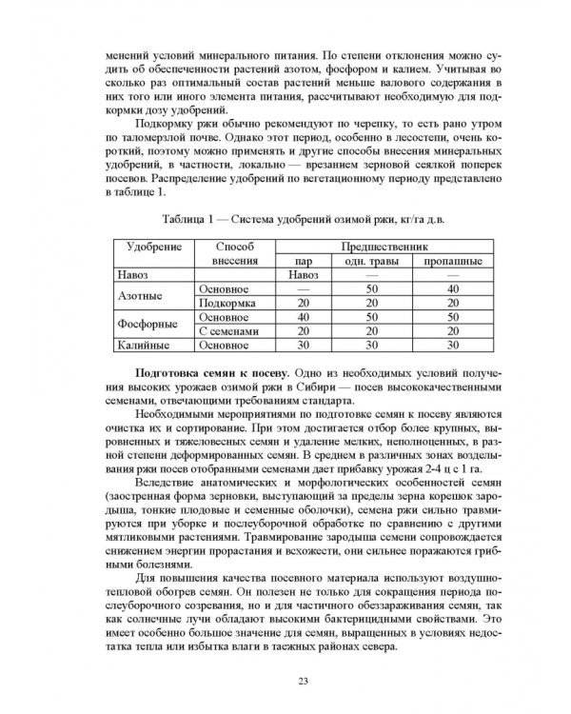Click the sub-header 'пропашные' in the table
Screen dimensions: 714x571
(x=452, y=261)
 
